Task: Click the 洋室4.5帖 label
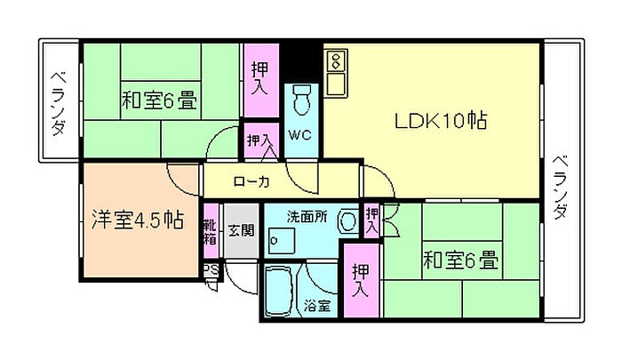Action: tap(137, 220)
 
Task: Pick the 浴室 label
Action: tap(318, 306)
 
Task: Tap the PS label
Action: tap(211, 269)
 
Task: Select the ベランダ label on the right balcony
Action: tap(561, 187)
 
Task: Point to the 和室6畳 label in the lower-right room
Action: tap(459, 261)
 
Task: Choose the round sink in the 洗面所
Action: tap(349, 220)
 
